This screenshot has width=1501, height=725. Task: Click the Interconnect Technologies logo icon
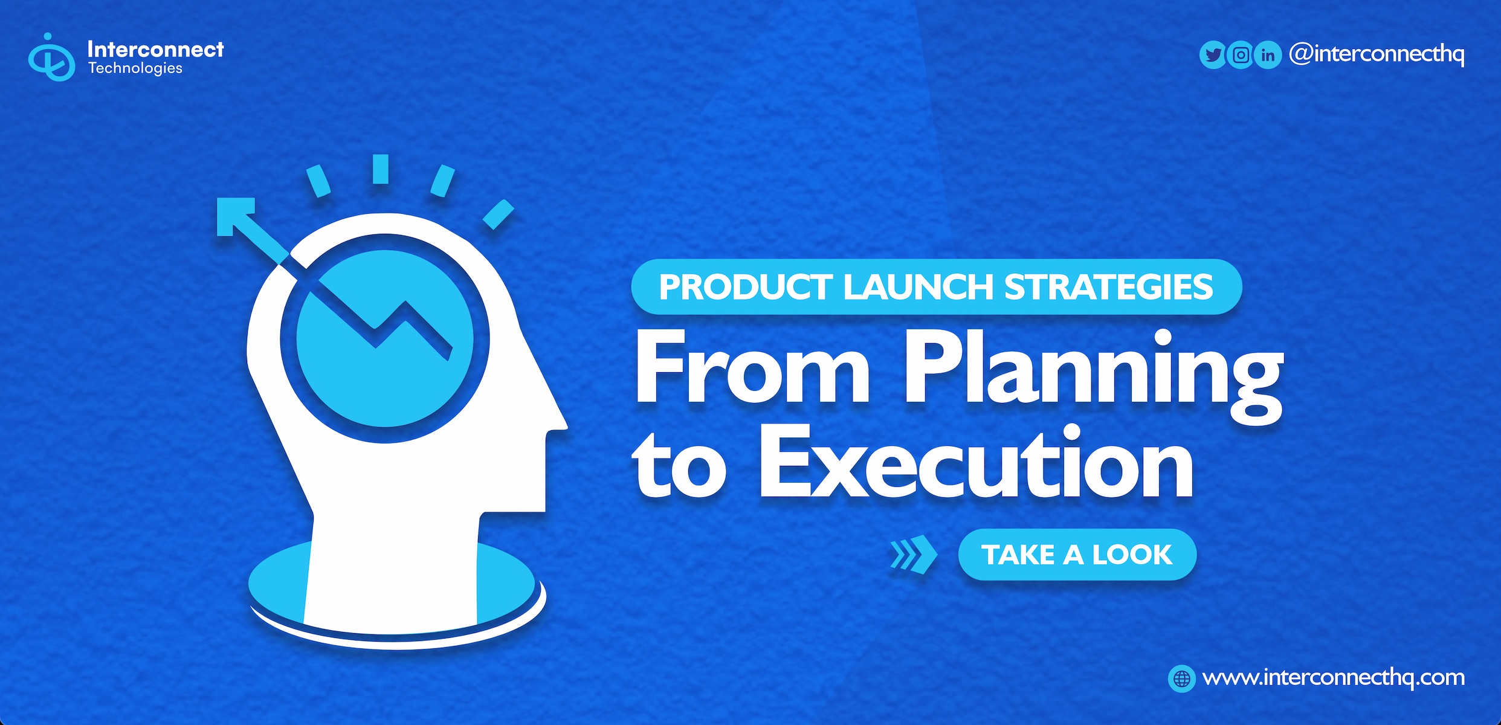coord(51,57)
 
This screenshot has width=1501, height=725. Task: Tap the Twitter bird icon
coord(1213,55)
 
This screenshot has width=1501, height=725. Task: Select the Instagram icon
coord(1241,55)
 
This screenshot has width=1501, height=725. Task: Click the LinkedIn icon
coord(1268,55)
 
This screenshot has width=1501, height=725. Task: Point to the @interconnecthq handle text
coord(1377,54)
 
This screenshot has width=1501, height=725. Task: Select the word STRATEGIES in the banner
coord(1108,287)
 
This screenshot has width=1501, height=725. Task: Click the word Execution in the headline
coord(976,461)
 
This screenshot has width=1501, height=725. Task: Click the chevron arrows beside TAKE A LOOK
coord(914,554)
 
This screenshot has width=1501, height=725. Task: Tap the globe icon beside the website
coord(1181,678)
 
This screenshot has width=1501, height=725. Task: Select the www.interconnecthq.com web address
coord(1334,678)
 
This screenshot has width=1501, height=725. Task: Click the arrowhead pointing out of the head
coord(236,217)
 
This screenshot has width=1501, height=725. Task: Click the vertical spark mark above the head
coord(380,169)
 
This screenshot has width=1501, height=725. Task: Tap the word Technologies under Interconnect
coord(135,68)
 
